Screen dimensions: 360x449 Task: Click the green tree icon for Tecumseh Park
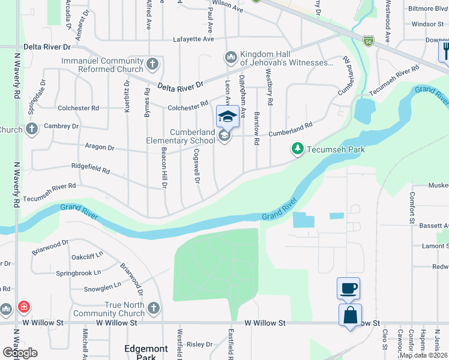pyautogui.click(x=297, y=148)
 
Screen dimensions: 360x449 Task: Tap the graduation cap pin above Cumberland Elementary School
pyautogui.click(x=228, y=116)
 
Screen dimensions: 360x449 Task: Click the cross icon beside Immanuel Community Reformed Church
pyautogui.click(x=153, y=63)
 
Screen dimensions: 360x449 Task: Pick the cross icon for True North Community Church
pyautogui.click(x=153, y=308)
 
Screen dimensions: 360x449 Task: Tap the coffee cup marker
pyautogui.click(x=349, y=288)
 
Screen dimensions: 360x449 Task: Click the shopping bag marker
pyautogui.click(x=350, y=315)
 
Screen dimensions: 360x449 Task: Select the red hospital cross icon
pyautogui.click(x=23, y=307)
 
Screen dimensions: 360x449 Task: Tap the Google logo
pyautogui.click(x=19, y=352)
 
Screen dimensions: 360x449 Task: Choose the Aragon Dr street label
pyautogui.click(x=100, y=147)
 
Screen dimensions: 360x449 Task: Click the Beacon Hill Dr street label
pyautogui.click(x=164, y=169)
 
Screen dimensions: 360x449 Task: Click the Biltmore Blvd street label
pyautogui.click(x=429, y=9)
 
